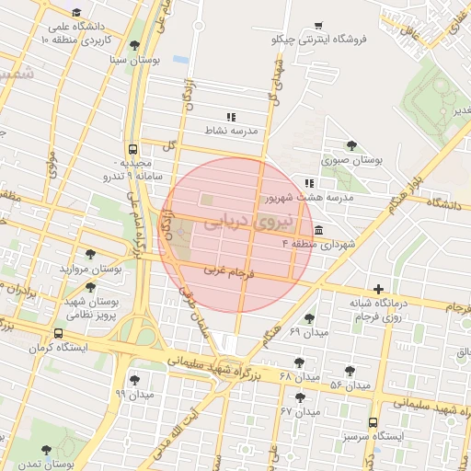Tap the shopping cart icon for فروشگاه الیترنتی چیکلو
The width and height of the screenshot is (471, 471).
click(x=317, y=26)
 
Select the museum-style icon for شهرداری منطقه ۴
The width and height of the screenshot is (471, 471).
click(x=318, y=229)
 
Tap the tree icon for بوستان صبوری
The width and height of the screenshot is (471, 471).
click(x=350, y=145)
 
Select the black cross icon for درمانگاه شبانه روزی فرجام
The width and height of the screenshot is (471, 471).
click(x=377, y=289)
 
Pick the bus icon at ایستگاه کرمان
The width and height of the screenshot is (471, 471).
click(x=59, y=334)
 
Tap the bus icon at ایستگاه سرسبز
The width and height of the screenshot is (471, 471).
click(x=372, y=423)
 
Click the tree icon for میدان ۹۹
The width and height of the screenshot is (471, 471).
click(x=135, y=379)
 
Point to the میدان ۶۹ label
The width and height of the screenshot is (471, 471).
click(x=308, y=330)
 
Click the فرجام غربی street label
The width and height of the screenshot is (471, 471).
click(x=232, y=272)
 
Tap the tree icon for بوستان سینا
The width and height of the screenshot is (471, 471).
click(x=135, y=45)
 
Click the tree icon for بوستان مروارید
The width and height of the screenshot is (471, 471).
click(x=89, y=255)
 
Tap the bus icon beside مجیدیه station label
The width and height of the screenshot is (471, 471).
click(x=135, y=148)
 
